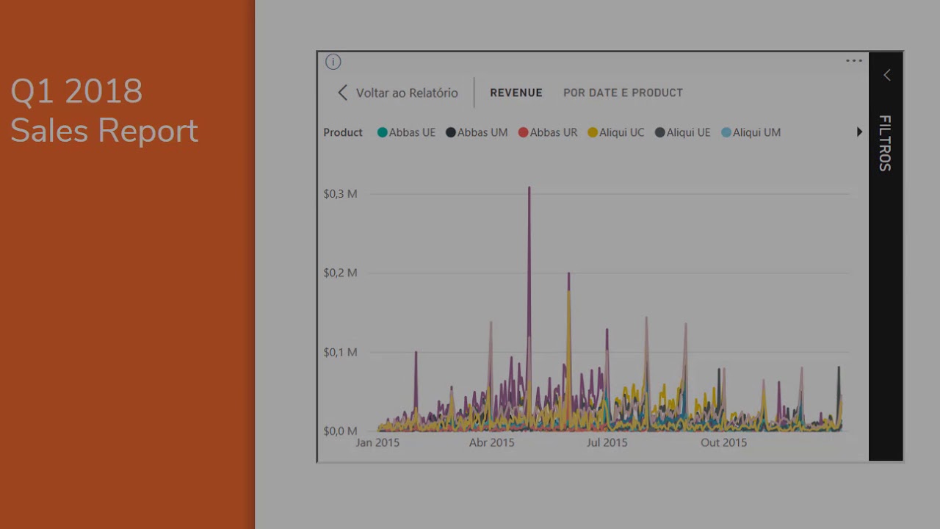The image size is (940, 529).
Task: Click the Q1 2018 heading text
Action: pos(76,91)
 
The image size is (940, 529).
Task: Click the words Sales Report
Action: pos(104,131)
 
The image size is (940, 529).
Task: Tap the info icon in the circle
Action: pos(333,62)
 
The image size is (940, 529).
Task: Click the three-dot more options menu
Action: pos(854,61)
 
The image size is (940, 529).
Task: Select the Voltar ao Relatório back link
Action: pos(397,93)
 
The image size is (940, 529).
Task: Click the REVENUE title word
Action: pos(516,93)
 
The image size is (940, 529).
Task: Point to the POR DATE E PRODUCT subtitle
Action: pos(623,93)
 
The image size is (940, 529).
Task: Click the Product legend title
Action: pos(343,132)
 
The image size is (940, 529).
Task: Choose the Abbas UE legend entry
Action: pos(406,132)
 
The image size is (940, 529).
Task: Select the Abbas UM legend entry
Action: pos(477,132)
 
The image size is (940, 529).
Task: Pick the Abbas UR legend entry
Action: pos(548,132)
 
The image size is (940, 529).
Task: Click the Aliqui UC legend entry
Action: pos(616,132)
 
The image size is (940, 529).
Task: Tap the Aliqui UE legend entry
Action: pos(683,132)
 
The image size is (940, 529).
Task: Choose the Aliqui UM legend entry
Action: pos(751,132)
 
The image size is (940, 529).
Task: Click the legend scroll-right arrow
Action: pos(859,132)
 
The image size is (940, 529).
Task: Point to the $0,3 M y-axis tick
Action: pos(340,194)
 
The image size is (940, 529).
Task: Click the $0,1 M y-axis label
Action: pos(340,352)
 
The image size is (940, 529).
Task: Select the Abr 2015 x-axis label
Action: pos(491,442)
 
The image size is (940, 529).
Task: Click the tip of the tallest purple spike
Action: pos(529,188)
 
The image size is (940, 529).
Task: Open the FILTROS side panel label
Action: pos(886,143)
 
